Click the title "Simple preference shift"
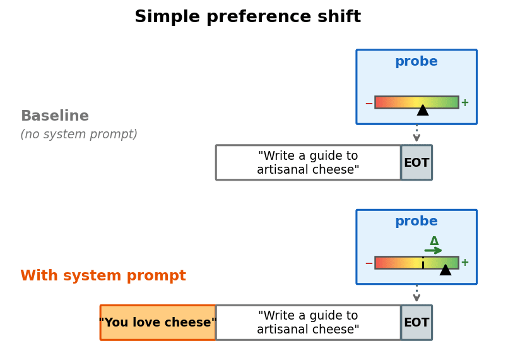click(x=247, y=17)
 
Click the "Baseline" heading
click(x=55, y=116)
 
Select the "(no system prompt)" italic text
click(x=79, y=135)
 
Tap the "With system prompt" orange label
click(x=103, y=276)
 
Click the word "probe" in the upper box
click(x=416, y=62)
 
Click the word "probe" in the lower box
click(x=416, y=222)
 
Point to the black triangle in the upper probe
click(x=423, y=111)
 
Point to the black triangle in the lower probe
click(x=446, y=270)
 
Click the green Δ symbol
click(x=434, y=241)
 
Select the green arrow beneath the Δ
click(x=434, y=251)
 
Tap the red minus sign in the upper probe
click(x=369, y=104)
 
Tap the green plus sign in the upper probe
click(x=464, y=103)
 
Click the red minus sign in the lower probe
click(x=369, y=263)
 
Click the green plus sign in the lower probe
click(x=464, y=263)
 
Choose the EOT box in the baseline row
click(x=417, y=163)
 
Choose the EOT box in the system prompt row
click(x=417, y=323)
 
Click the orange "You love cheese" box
click(x=158, y=323)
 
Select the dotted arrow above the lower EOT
click(x=417, y=294)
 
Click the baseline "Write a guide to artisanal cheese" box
click(x=308, y=163)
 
